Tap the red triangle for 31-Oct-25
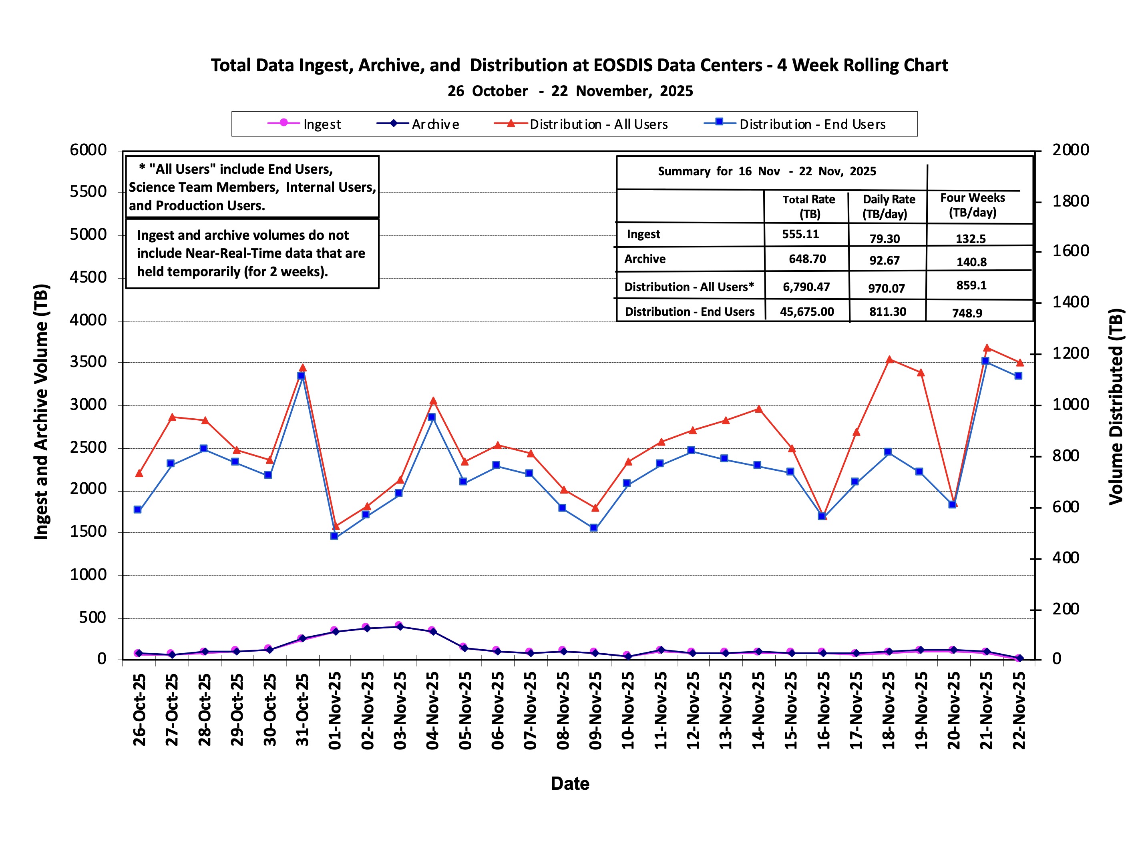303,368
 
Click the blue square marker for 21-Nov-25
985,361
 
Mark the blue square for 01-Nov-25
334,536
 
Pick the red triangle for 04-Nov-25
433,401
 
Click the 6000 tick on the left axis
88,150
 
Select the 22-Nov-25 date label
1018,710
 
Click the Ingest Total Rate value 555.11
800,234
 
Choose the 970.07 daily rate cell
886,288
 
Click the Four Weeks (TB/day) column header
972,205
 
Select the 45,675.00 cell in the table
806,311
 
